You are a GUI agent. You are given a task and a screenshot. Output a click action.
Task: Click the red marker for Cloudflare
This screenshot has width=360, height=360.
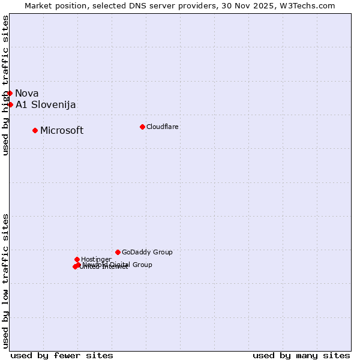[x=142, y=127]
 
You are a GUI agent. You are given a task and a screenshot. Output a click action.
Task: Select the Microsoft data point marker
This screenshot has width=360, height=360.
[x=35, y=130]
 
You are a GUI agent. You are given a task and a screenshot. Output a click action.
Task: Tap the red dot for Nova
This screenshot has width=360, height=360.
[x=10, y=93]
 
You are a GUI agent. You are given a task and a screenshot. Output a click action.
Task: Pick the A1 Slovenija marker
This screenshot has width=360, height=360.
[x=10, y=104]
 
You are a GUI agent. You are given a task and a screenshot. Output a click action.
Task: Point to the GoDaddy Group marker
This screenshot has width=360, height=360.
[x=118, y=252]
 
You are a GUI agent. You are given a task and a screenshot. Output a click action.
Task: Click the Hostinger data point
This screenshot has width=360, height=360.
[x=77, y=259]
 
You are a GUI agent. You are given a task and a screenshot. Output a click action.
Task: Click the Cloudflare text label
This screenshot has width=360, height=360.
[x=162, y=127]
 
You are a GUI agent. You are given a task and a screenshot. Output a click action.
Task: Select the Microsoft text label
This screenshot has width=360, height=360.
[x=62, y=130]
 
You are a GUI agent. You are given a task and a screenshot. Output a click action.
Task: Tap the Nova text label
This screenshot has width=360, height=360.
[x=27, y=93]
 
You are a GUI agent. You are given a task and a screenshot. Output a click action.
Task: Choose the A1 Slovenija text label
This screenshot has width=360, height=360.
[x=46, y=104]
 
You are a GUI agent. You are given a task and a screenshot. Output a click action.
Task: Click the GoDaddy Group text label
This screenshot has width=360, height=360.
[x=147, y=252]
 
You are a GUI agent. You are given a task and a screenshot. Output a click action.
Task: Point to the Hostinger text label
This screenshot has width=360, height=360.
[x=96, y=259]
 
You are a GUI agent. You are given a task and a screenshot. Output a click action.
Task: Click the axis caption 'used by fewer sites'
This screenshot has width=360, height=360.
[x=62, y=355]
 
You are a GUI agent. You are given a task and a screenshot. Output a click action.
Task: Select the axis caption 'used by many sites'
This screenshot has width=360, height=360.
[x=301, y=355]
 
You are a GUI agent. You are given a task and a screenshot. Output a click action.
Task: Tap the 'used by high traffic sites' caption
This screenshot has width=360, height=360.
[x=5, y=86]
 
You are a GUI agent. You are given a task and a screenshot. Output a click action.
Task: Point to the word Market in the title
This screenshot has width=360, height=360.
[x=38, y=5]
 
